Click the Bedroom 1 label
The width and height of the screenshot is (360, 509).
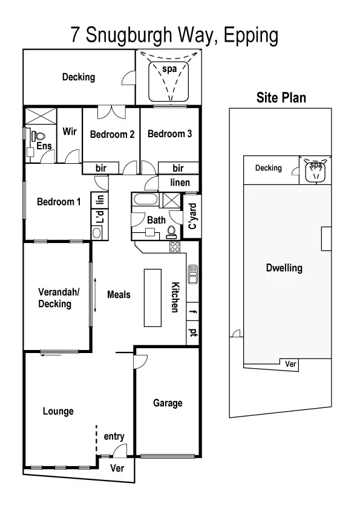pyautogui.click(x=59, y=202)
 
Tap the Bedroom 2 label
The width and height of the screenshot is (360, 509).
pyautogui.click(x=112, y=134)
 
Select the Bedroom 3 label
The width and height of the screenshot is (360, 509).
pyautogui.click(x=170, y=134)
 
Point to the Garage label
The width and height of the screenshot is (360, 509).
pyautogui.click(x=168, y=403)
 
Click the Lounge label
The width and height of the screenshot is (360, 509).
pyautogui.click(x=58, y=411)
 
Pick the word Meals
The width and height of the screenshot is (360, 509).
pyautogui.click(x=119, y=294)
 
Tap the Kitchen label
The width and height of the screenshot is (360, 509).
pyautogui.click(x=175, y=297)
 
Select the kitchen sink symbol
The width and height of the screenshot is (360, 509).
pyautogui.click(x=193, y=274)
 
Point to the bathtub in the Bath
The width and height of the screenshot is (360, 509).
pyautogui.click(x=145, y=200)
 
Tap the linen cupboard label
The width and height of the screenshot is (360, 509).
pyautogui.click(x=180, y=183)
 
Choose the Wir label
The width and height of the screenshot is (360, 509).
pyautogui.click(x=70, y=131)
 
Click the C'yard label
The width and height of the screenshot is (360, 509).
pyautogui.click(x=192, y=216)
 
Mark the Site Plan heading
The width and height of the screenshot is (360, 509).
pyautogui.click(x=281, y=97)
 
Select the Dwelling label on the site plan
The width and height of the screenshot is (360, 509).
pyautogui.click(x=284, y=268)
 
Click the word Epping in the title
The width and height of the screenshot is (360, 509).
pyautogui.click(x=250, y=35)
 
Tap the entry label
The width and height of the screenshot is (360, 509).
pyautogui.click(x=114, y=436)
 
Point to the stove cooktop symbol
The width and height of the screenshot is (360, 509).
pyautogui.click(x=175, y=247)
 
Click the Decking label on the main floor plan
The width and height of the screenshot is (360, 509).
pyautogui.click(x=79, y=77)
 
